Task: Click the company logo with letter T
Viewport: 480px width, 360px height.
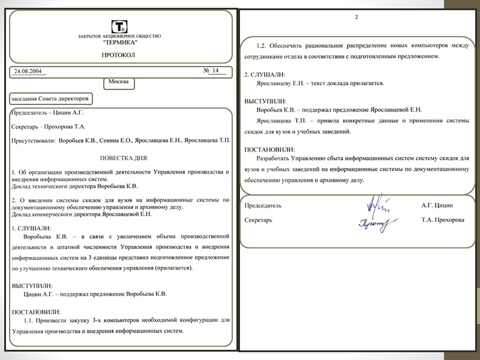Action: tap(119, 26)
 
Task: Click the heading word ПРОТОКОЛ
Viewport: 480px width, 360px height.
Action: tap(119, 55)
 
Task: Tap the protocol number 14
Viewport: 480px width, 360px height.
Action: tap(214, 71)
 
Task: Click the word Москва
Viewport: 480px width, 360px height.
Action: tap(119, 82)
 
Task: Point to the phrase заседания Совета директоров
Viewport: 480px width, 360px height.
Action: tap(50, 97)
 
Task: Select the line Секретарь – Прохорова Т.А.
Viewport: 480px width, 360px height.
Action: tap(49, 127)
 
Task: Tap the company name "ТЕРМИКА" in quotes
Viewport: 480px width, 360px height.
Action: tap(119, 43)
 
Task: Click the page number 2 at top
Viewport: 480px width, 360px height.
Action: tap(356, 16)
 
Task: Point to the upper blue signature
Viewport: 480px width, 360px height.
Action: tap(377, 204)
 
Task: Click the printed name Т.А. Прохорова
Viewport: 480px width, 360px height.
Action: tap(443, 220)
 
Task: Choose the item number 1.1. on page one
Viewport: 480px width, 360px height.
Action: tap(31, 321)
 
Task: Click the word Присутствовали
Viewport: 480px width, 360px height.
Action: tap(33, 142)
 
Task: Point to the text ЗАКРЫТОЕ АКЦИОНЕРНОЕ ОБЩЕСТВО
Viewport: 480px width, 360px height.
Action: tap(119, 37)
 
